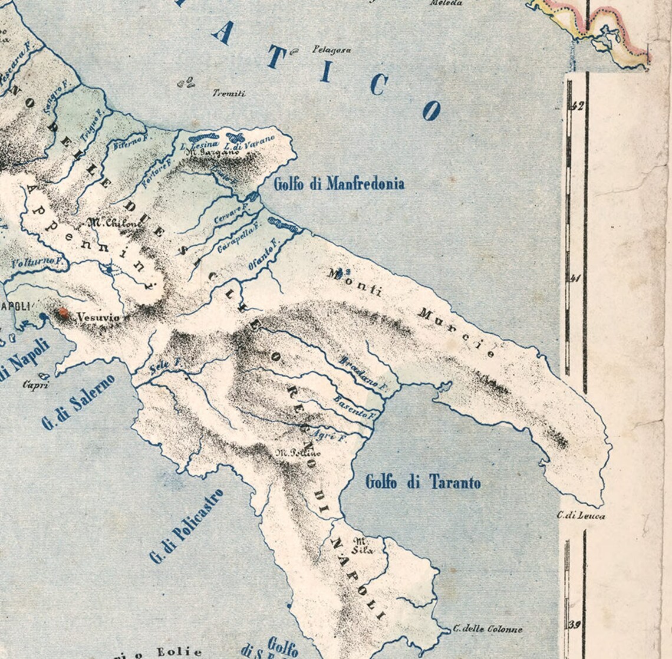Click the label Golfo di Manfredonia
pyautogui.click(x=339, y=183)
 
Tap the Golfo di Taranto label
pyautogui.click(x=423, y=482)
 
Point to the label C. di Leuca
pyautogui.click(x=581, y=516)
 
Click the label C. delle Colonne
pyautogui.click(x=487, y=629)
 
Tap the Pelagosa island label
pyautogui.click(x=332, y=50)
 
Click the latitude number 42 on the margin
pyautogui.click(x=576, y=107)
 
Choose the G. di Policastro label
pyautogui.click(x=186, y=526)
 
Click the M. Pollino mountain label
pyautogui.click(x=299, y=453)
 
